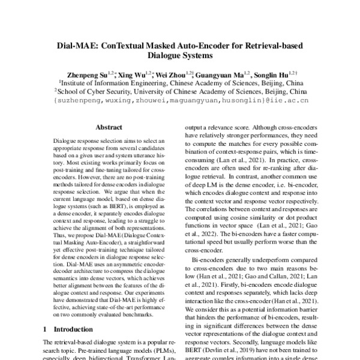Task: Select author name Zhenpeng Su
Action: pyautogui.click(x=92, y=74)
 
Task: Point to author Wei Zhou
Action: pyautogui.click(x=169, y=74)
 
